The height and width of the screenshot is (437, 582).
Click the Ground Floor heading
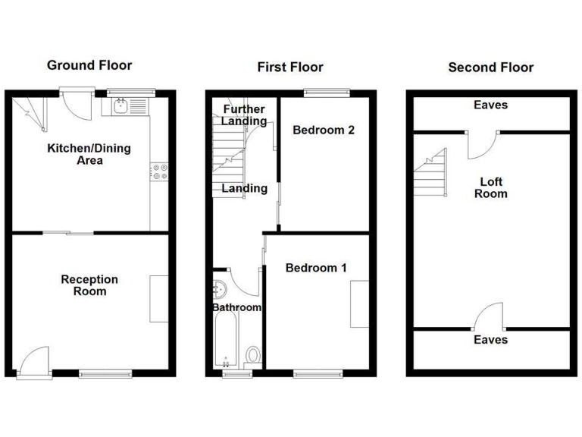tap(89, 65)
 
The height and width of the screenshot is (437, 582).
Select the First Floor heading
tap(290, 67)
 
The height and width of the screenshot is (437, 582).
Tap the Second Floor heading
tap(490, 68)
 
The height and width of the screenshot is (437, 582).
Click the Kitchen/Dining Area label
tap(89, 154)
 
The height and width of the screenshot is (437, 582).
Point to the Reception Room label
tap(89, 285)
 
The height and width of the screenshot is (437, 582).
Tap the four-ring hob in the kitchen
tap(160, 172)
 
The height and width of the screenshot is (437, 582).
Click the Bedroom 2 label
tap(324, 130)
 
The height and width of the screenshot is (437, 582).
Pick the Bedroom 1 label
tap(316, 268)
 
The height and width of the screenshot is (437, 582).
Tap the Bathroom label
tap(236, 307)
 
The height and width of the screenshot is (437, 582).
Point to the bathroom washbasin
tap(219, 289)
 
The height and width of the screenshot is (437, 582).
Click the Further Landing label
tap(243, 115)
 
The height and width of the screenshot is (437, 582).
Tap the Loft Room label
tap(490, 187)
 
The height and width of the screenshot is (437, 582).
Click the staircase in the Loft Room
tap(430, 171)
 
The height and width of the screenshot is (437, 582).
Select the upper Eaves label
tap(490, 105)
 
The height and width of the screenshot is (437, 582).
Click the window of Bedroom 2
tap(327, 93)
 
